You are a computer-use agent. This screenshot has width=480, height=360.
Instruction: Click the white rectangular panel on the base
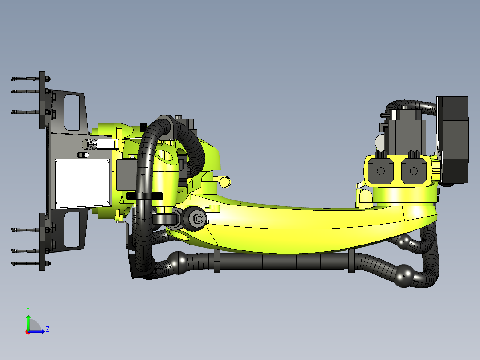point(82,183)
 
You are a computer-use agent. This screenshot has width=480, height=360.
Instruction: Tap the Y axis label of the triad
point(28,309)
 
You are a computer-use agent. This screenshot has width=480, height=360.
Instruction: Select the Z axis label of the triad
point(47,329)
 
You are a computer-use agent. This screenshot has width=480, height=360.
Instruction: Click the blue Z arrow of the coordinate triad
point(38,331)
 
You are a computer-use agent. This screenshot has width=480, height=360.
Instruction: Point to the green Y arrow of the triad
point(28,321)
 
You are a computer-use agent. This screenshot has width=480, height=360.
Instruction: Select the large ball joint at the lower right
point(405,276)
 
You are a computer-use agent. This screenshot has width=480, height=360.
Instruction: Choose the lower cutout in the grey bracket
point(71,229)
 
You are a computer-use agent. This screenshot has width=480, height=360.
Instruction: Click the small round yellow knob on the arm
point(225,181)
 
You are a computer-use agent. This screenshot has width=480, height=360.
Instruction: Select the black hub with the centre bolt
point(196,217)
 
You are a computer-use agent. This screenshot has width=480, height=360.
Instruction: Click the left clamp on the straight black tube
point(217,261)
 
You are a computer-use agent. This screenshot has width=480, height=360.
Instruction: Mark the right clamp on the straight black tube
point(351,261)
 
